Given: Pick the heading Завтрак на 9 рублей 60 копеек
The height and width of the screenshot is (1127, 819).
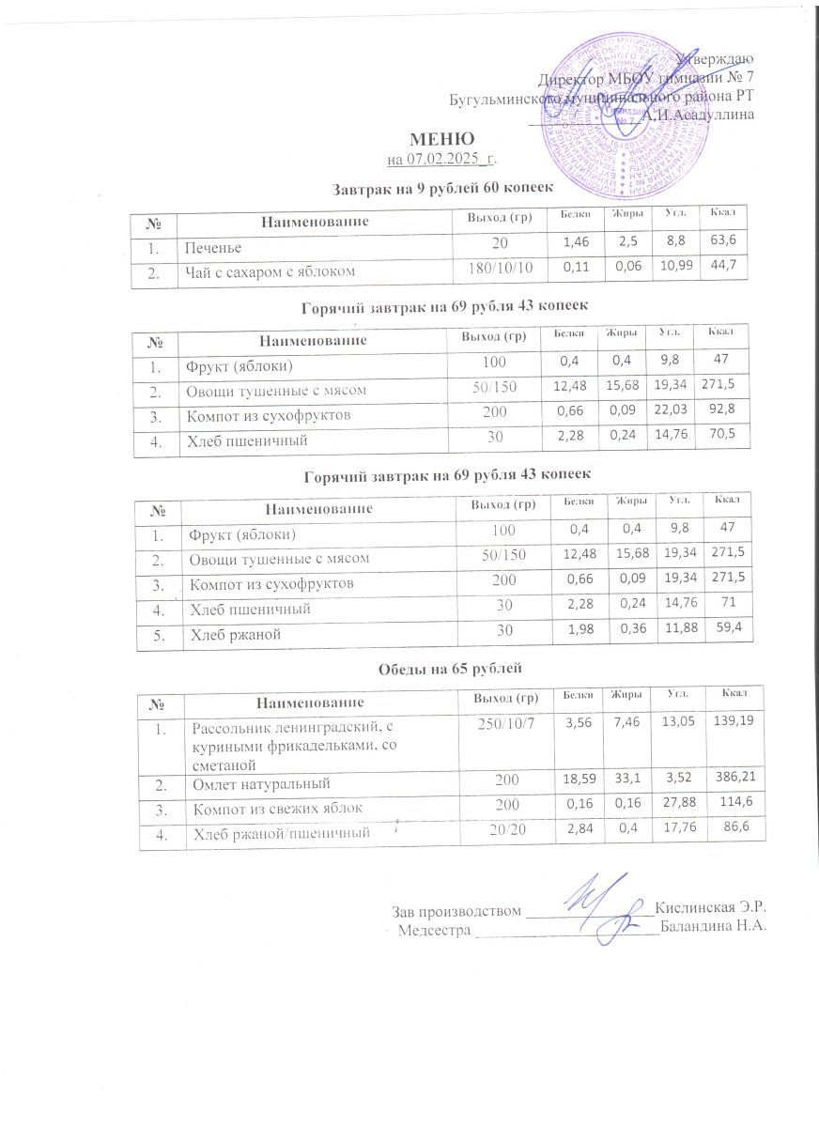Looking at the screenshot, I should point(441,190).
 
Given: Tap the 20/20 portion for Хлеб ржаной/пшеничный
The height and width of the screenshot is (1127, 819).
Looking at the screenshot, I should point(503,831).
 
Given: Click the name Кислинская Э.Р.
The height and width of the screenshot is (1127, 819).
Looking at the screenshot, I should point(713,909).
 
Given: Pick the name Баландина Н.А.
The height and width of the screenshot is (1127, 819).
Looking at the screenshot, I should point(714,928).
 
